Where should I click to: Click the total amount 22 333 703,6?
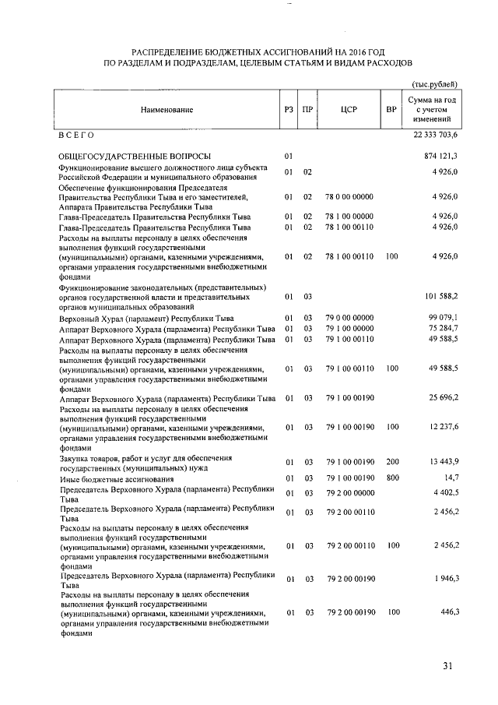point(431,136)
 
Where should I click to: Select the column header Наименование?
point(167,110)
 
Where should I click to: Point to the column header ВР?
point(391,110)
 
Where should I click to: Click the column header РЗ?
point(289,110)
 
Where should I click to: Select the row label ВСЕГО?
point(77,136)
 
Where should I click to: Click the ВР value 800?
point(391,478)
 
